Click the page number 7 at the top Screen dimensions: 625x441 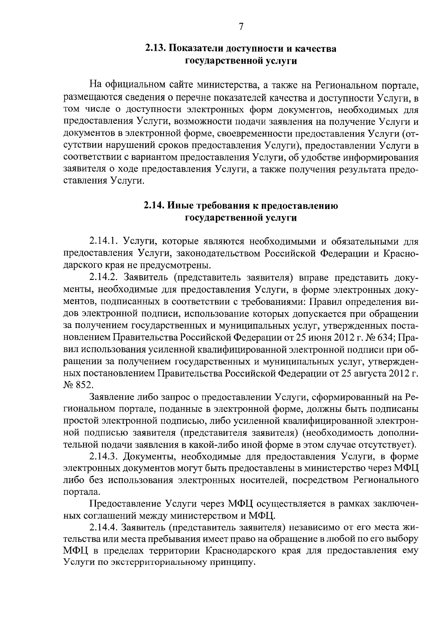241,27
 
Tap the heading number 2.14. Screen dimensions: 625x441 154,206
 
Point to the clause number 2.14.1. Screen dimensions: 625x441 103,241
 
